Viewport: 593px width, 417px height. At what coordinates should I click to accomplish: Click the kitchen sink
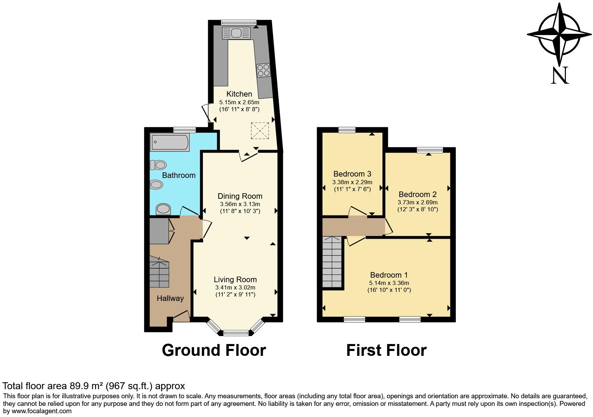coord(236,33)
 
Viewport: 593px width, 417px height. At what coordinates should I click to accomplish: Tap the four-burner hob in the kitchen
coord(263,70)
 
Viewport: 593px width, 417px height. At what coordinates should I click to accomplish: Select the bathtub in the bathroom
coord(170,142)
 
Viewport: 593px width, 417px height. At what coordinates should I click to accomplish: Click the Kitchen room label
coord(239,94)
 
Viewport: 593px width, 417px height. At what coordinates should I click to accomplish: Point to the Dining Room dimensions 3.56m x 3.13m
coord(240,204)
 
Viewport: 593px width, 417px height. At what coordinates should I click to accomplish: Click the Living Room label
coord(235,279)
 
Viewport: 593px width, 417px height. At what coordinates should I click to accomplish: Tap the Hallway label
coord(170,298)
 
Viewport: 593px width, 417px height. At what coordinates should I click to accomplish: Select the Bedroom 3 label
coord(352,174)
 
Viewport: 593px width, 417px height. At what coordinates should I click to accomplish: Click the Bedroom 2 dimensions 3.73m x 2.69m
coord(418,202)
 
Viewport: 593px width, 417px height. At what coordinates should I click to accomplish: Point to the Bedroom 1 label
coord(389,275)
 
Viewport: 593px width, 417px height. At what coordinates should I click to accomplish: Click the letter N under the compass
coord(560,75)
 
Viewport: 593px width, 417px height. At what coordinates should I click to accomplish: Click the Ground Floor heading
coord(214,350)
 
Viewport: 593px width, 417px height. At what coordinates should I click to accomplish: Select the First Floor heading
coord(386,350)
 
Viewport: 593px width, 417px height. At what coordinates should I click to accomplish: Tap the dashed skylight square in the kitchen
coord(260,130)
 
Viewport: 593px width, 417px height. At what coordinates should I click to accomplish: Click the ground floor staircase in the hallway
coord(159,272)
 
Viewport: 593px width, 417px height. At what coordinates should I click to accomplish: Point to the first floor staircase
coord(332,262)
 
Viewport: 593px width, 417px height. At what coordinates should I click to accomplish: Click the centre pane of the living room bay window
coord(236,333)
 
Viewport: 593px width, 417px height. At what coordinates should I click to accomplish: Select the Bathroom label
coord(179,175)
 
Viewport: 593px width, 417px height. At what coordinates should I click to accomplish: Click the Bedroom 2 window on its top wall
coord(430,150)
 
